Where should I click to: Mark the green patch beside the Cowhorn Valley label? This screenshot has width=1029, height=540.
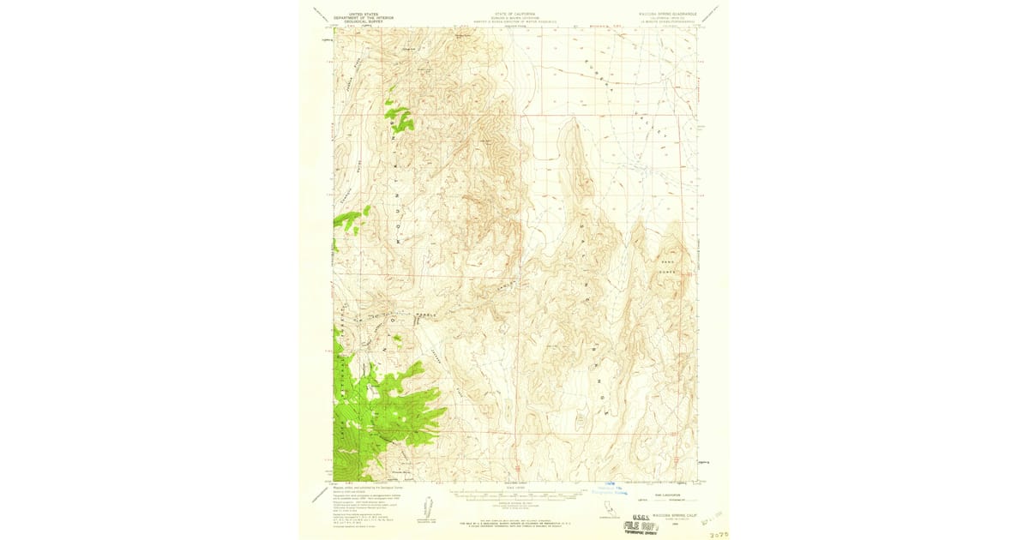347,220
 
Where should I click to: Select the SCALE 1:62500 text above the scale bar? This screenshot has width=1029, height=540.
514,489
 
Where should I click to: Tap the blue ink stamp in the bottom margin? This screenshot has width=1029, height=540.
611,489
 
